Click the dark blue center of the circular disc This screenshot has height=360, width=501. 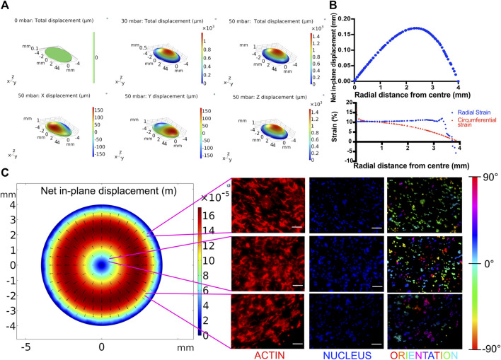tap(102, 265)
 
